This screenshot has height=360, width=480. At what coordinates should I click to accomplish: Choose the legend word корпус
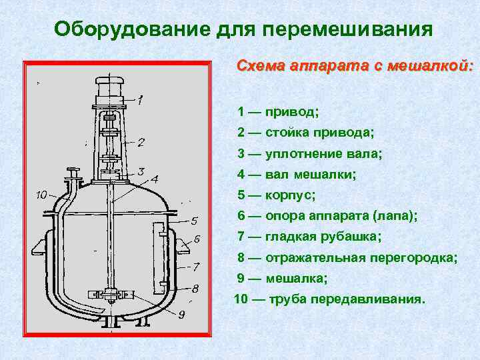point(290,195)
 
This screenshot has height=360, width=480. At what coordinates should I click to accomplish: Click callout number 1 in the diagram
point(139,102)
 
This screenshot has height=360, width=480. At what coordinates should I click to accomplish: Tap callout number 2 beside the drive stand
point(141,142)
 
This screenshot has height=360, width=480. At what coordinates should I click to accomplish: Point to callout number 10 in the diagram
point(41,195)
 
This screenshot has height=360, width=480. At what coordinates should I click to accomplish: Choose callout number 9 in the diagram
point(181,314)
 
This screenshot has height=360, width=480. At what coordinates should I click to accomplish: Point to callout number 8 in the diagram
point(194,289)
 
